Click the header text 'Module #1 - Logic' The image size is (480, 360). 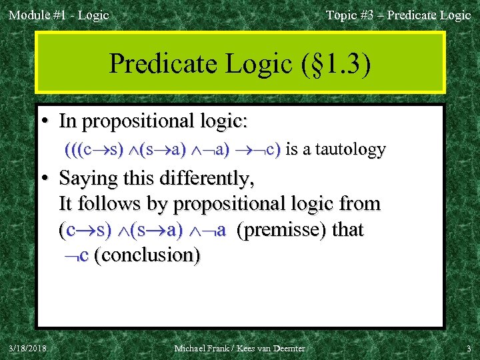[59, 15]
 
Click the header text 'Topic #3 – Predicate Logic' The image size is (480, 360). [398, 15]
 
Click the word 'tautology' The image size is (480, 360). [353, 149]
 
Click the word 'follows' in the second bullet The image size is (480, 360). [112, 204]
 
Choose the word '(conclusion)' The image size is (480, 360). [147, 255]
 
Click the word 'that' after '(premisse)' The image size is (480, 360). [347, 230]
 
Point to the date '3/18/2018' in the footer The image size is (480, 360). [28, 348]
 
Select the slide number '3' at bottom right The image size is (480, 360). [468, 348]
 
